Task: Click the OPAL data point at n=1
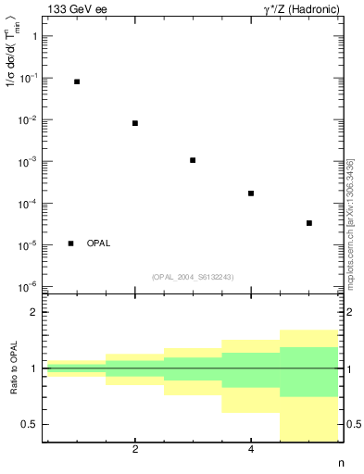[77, 81]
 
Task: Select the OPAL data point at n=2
[135, 123]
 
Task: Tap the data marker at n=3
[193, 160]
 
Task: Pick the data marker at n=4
[251, 193]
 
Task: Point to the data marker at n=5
[309, 223]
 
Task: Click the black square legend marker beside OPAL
[71, 243]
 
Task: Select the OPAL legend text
[98, 243]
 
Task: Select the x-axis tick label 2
[135, 450]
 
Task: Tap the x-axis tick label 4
[251, 450]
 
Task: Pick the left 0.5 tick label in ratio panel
[29, 424]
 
